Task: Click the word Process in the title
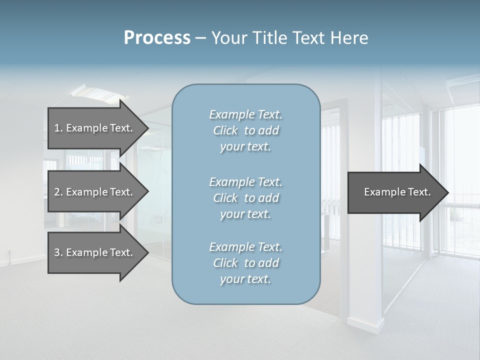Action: tap(157, 38)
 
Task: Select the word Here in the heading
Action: tap(349, 38)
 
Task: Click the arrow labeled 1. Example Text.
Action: tap(93, 128)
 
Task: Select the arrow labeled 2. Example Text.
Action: tap(93, 192)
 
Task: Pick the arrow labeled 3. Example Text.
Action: tap(93, 252)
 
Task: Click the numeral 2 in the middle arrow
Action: tap(57, 192)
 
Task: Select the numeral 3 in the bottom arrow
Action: tap(57, 252)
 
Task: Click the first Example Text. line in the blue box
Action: tap(245, 114)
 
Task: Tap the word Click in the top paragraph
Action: tap(225, 130)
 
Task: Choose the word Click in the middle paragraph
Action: tap(225, 198)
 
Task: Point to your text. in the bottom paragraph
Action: tap(245, 279)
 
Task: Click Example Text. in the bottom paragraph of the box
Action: tap(245, 247)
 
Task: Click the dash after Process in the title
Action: tap(200, 38)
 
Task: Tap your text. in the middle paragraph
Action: tap(245, 214)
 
